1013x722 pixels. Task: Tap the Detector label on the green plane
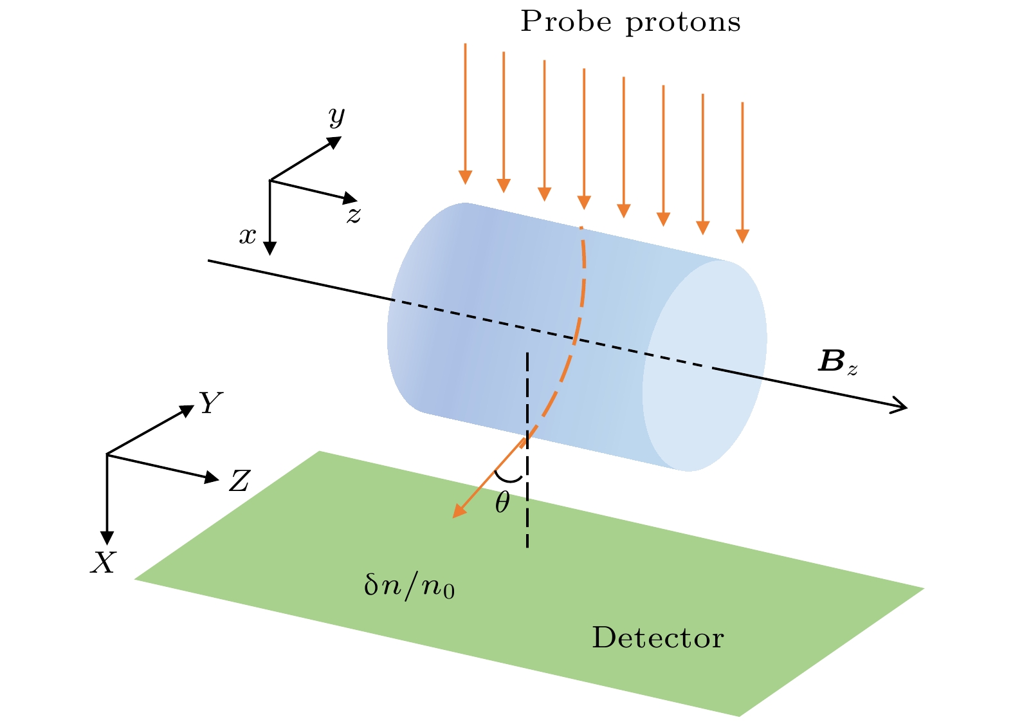click(657, 638)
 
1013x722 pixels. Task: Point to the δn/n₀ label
click(410, 587)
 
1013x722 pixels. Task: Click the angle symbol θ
click(502, 503)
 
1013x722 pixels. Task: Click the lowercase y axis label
click(336, 116)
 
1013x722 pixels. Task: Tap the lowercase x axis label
click(248, 236)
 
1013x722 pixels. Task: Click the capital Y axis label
click(210, 403)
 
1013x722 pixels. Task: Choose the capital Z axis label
click(239, 481)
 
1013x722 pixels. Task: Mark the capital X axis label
click(103, 564)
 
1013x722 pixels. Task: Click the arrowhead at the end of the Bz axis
click(901, 406)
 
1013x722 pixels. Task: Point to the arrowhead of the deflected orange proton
click(458, 512)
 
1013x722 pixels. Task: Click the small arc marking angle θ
click(510, 478)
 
